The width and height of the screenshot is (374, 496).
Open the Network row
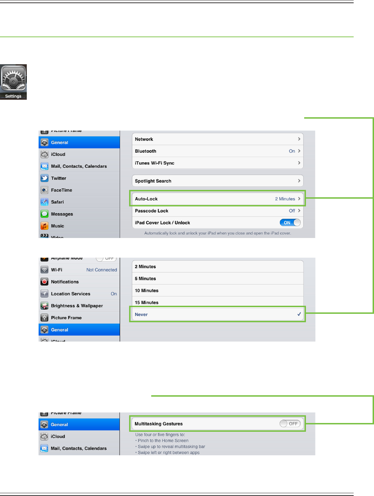tap(217, 139)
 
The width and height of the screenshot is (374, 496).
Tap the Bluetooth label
tap(146, 151)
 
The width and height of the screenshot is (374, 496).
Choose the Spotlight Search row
tap(217, 181)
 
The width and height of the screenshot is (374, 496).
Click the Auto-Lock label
tap(146, 199)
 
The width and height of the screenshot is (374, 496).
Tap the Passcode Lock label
tap(152, 211)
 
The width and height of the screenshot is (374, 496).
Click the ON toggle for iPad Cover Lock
tap(290, 223)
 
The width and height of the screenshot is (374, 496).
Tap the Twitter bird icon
tap(45, 178)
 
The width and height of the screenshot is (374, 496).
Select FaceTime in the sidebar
tap(61, 190)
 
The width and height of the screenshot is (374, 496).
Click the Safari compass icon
tap(45, 202)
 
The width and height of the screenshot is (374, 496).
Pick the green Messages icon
tap(45, 214)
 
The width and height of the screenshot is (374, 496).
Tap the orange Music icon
tap(45, 226)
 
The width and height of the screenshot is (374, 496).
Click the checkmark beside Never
tap(299, 314)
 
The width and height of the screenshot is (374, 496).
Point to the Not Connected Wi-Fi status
tap(102, 270)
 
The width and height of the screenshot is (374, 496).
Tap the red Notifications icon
tap(45, 282)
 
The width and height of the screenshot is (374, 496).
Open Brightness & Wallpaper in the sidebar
tap(77, 306)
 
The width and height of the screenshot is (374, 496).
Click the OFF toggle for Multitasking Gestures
tap(290, 424)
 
